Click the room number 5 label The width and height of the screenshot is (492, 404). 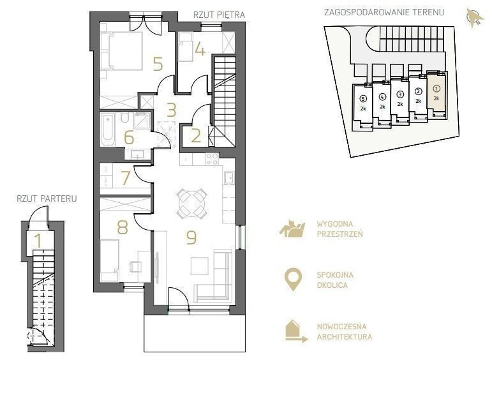(158, 64)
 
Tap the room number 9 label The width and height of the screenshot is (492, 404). (191, 237)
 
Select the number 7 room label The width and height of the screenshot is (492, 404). (126, 178)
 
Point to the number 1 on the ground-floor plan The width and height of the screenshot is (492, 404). (38, 241)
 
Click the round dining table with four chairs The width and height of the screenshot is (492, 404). (191, 204)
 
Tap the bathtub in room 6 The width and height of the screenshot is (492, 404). (107, 130)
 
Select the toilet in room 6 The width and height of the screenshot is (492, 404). (124, 117)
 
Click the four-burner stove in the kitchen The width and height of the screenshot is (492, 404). (212, 159)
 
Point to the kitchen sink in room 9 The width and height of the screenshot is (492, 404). (228, 177)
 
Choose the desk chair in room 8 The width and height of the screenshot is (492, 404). (135, 266)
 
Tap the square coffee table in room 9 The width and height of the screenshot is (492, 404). (200, 266)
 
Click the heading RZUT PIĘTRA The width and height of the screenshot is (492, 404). (219, 15)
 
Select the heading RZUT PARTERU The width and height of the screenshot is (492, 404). (47, 198)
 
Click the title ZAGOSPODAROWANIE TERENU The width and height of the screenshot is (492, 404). (384, 13)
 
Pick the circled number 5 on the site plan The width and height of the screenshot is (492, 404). (363, 98)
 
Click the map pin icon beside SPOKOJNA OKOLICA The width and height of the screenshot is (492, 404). (293, 280)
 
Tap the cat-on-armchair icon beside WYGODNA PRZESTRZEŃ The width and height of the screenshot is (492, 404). (292, 228)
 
